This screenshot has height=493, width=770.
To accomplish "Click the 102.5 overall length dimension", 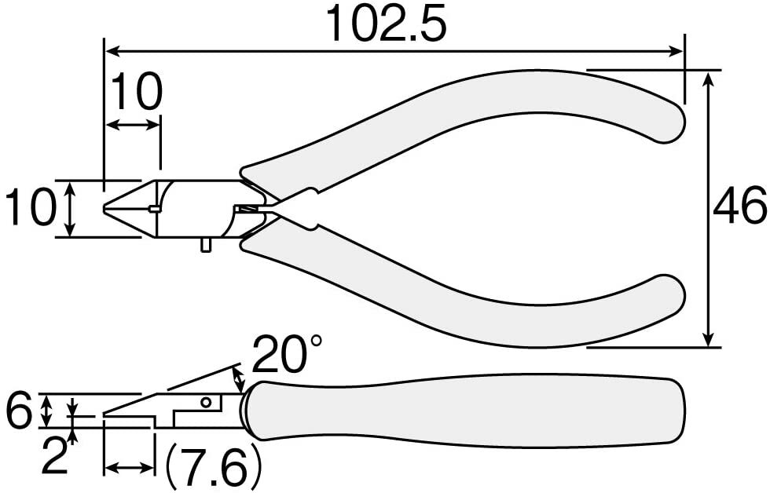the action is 387,23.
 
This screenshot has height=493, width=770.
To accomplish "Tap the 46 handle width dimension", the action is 739,205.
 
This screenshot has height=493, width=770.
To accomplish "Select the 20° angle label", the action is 288,354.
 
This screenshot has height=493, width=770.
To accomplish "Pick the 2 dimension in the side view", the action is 54,456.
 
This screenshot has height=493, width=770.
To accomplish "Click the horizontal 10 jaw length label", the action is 136,91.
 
